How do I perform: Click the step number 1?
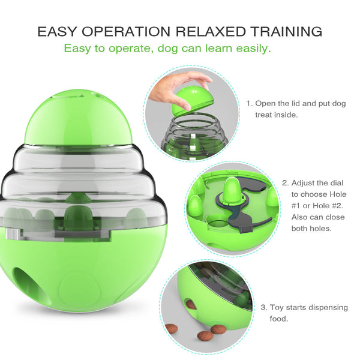point(249,103)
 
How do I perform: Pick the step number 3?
point(264,307)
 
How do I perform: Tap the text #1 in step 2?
point(298,206)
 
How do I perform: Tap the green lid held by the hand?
point(192,99)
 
